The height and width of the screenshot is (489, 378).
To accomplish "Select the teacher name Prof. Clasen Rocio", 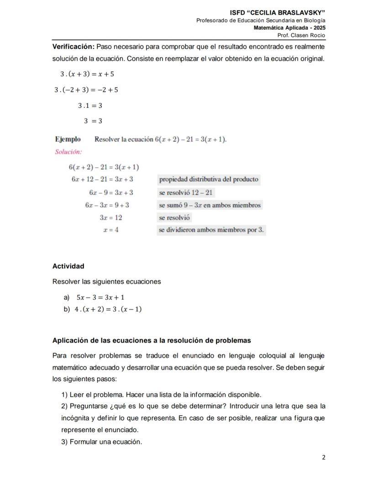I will (x=301, y=36).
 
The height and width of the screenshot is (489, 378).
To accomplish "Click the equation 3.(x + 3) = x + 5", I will (x=87, y=74).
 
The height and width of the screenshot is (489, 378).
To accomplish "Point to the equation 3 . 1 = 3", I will (x=89, y=105).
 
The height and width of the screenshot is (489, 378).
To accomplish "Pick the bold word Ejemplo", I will (x=68, y=139).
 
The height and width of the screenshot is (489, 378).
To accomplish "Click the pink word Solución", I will (x=68, y=152).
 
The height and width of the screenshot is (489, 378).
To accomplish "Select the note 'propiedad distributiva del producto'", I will (x=209, y=179).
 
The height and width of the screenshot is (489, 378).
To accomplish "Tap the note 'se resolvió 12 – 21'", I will (x=185, y=193).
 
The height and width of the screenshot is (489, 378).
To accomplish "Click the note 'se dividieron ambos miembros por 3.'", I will (x=211, y=230).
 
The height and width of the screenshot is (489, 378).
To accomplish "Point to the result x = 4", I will (x=111, y=230).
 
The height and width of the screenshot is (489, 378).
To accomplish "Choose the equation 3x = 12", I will (x=110, y=218).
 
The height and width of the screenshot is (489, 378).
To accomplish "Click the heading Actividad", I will (x=68, y=266).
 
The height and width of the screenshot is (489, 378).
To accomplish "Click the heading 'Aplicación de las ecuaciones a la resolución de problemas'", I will (x=152, y=341).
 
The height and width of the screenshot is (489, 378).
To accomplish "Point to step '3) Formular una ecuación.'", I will (x=101, y=442).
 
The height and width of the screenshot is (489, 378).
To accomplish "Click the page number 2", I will (x=323, y=457).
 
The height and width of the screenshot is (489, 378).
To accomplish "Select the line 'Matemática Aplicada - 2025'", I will (x=289, y=28).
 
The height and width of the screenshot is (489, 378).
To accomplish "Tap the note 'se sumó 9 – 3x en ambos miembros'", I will (x=210, y=205).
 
